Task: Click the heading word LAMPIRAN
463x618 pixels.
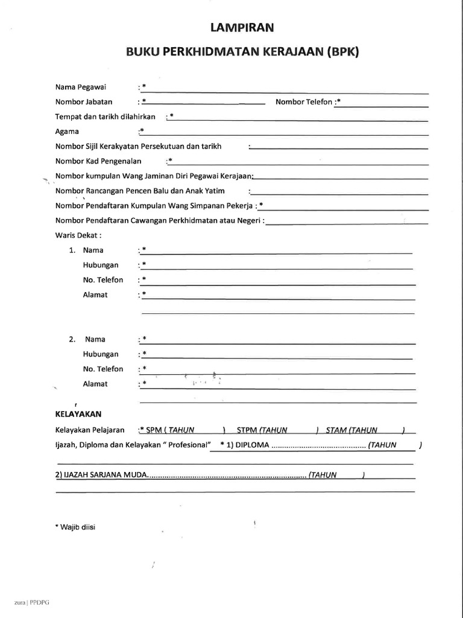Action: point(242,27)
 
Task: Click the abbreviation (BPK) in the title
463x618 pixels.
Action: point(342,52)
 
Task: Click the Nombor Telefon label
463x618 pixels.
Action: point(304,102)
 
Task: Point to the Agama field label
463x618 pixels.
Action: point(68,131)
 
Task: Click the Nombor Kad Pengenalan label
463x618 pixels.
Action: point(98,161)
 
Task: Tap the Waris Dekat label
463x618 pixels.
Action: point(78,235)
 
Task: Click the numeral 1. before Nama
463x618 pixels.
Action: point(72,250)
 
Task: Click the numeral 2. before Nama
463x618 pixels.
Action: point(72,340)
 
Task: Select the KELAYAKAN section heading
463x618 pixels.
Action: point(78,414)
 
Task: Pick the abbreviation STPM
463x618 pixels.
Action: point(247,430)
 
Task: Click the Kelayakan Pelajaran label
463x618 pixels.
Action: point(90,430)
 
